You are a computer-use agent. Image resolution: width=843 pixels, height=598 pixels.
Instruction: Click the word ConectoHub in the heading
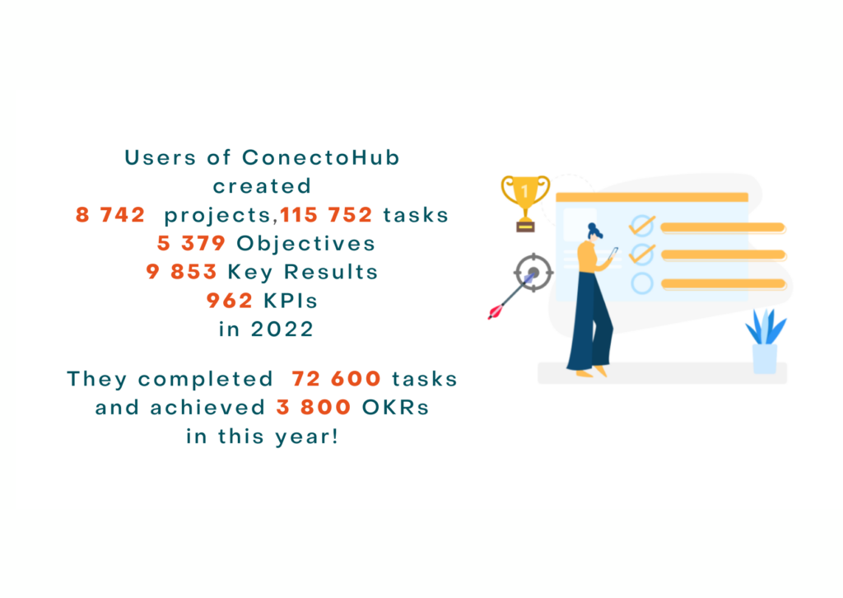tap(321, 157)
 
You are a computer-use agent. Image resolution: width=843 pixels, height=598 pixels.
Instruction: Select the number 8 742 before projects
tap(110, 214)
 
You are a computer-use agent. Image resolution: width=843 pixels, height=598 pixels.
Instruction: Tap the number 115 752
tap(326, 214)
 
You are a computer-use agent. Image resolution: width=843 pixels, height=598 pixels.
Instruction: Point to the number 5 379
tap(191, 243)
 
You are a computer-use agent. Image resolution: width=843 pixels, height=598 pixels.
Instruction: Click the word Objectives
tap(305, 244)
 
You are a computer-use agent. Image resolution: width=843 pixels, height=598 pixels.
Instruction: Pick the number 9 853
tap(181, 272)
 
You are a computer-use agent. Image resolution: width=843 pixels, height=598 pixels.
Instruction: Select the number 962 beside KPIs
tap(230, 301)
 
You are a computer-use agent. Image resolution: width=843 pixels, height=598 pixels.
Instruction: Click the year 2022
tap(282, 329)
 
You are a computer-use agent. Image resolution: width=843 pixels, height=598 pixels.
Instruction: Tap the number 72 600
tap(336, 379)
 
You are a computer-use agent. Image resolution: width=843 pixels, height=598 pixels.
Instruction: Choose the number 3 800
tap(314, 407)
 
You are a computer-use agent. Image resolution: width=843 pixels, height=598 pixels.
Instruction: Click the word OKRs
tap(396, 407)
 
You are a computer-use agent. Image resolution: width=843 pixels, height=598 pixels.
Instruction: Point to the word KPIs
tap(291, 301)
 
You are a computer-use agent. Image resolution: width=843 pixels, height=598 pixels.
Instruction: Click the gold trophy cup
tap(525, 203)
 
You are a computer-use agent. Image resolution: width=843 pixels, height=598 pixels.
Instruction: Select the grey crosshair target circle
tap(533, 273)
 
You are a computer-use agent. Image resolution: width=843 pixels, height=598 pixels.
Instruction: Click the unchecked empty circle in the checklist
tap(642, 283)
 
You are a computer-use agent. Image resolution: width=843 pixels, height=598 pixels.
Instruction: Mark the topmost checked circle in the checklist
tap(642, 226)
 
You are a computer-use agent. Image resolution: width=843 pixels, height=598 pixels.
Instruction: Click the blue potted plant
tap(766, 341)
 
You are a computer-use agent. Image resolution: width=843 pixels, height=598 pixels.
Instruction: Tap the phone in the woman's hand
tap(614, 253)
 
